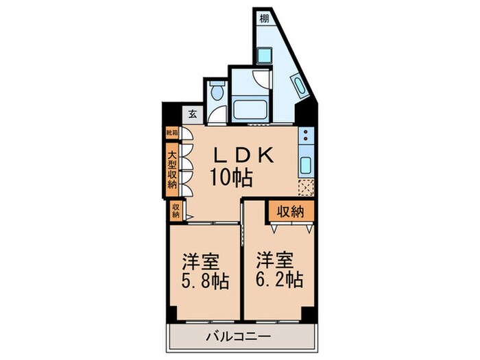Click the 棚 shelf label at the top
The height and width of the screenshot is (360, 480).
click(264, 19)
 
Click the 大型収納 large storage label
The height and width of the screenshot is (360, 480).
click(171, 167)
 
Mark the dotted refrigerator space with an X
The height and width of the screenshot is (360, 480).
click(305, 187)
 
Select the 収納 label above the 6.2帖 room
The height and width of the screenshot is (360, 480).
click(290, 211)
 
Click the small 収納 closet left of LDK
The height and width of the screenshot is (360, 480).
click(176, 211)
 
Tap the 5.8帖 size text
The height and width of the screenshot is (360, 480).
click(205, 282)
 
